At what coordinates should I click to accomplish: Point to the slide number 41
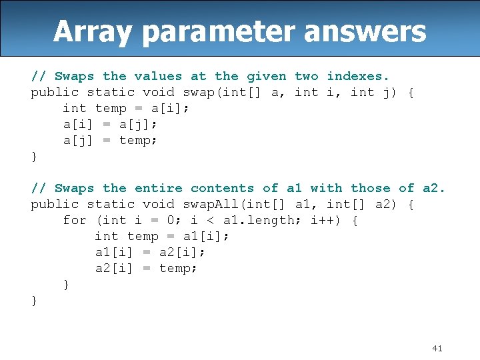(437, 348)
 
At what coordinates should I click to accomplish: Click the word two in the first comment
(307, 76)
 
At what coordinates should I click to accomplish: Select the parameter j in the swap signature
(390, 93)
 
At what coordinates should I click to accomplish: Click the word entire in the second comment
(159, 188)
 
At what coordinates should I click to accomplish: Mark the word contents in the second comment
(223, 188)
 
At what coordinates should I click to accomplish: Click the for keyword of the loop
(75, 221)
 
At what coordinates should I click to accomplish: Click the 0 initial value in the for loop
(171, 221)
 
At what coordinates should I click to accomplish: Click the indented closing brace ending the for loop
(66, 285)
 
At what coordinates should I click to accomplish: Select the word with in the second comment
(326, 188)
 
